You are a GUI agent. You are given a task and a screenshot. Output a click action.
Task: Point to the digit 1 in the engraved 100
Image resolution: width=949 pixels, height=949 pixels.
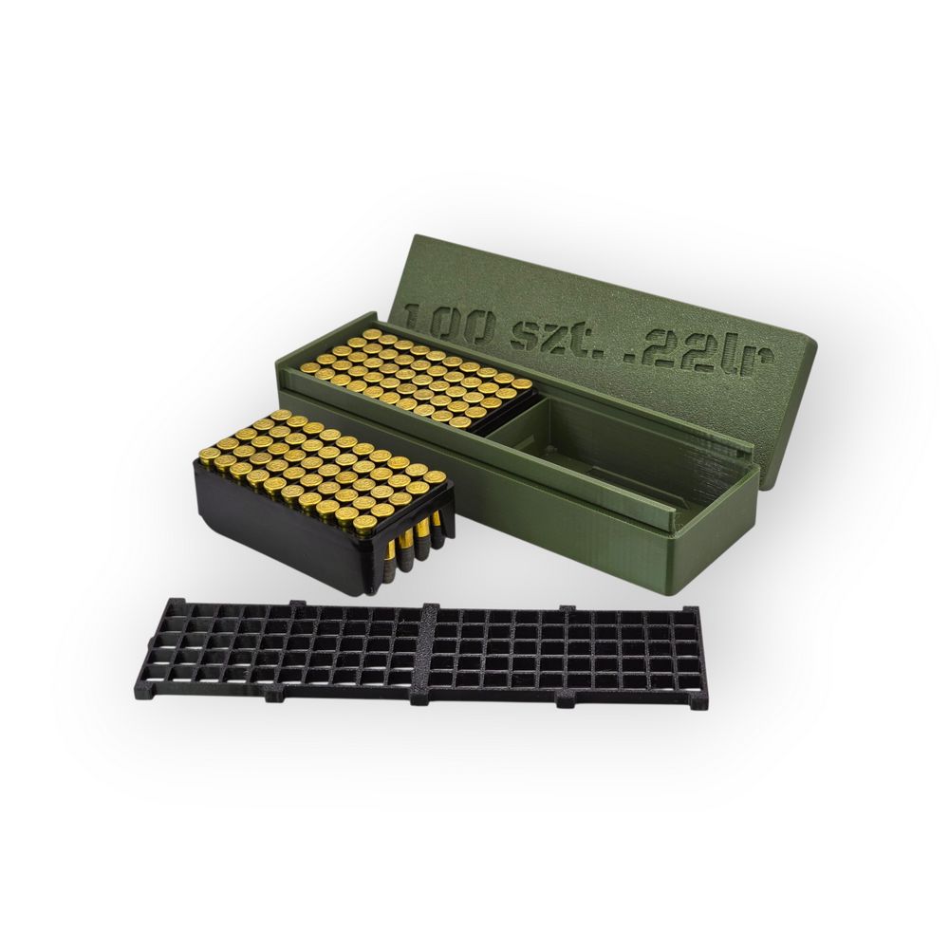pyautogui.click(x=415, y=313)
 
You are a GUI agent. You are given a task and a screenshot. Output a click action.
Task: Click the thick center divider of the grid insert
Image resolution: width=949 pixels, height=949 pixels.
pyautogui.click(x=427, y=654)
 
